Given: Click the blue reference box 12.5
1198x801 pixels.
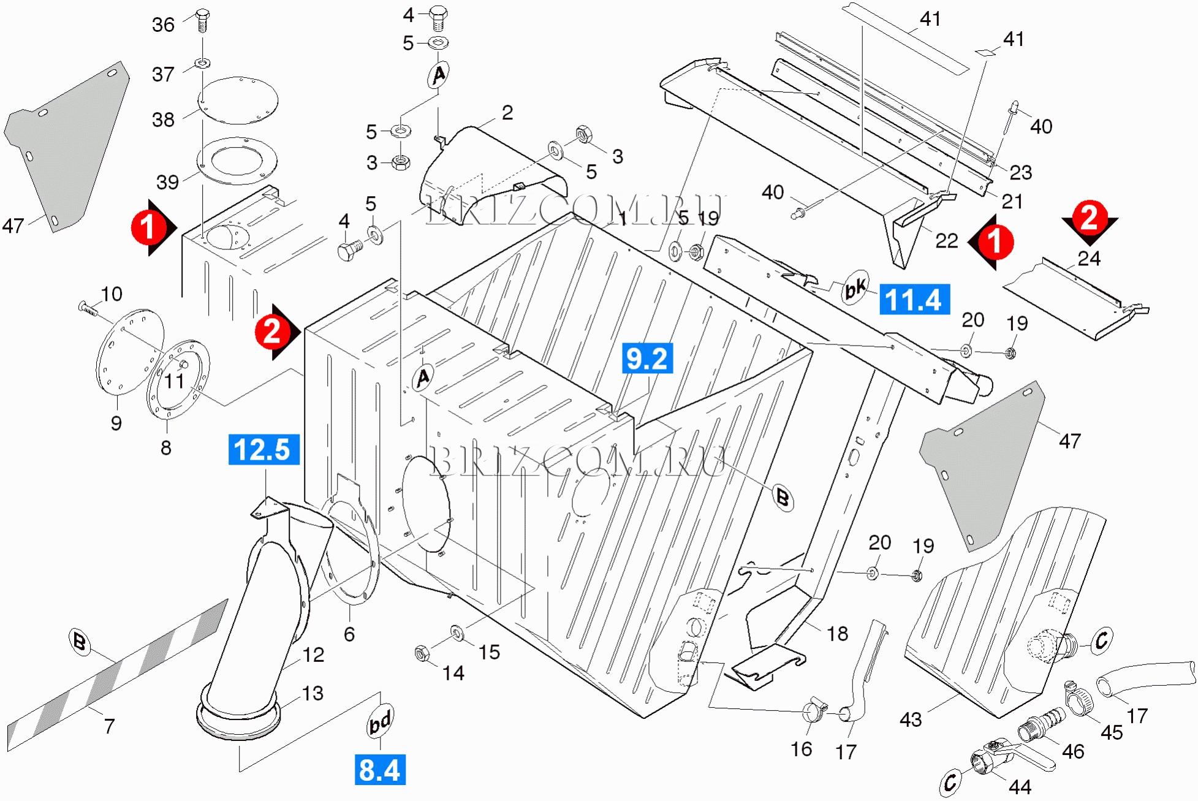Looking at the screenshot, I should point(263,449).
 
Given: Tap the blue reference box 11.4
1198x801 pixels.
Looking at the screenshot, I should point(914,300).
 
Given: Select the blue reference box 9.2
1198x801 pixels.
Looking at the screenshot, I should point(647,359).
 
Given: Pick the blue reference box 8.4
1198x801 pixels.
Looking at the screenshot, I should point(380,770).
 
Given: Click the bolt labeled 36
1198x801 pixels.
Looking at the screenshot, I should point(203,21).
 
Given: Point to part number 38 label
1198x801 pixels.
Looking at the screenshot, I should point(164,120).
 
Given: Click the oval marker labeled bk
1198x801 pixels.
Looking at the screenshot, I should point(855,287).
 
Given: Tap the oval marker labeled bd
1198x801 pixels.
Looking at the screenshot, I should point(380,721).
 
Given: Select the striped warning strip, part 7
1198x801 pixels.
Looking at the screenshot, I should point(116,674).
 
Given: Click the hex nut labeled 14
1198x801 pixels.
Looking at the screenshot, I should point(421,653).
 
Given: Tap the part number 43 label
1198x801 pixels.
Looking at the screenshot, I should point(911,719).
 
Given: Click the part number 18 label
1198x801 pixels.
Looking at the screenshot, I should point(837,633).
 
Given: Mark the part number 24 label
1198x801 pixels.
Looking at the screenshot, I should point(1089,259).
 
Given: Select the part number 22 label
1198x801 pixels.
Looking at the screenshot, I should point(946,241).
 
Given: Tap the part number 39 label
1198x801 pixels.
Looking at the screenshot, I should point(167,182).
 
